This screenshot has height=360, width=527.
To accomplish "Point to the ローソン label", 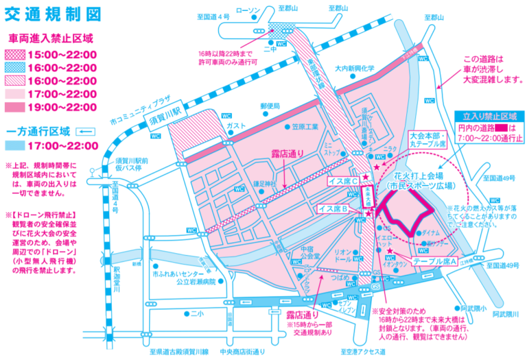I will [x=249, y=10].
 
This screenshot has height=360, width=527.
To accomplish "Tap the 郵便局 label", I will [x=270, y=106].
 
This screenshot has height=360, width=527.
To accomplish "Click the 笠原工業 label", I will [x=305, y=127].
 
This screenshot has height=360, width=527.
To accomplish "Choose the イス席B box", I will [x=336, y=207].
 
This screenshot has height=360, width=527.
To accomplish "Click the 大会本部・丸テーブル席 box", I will [x=427, y=140].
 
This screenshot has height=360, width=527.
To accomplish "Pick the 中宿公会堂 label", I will [x=311, y=252].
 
